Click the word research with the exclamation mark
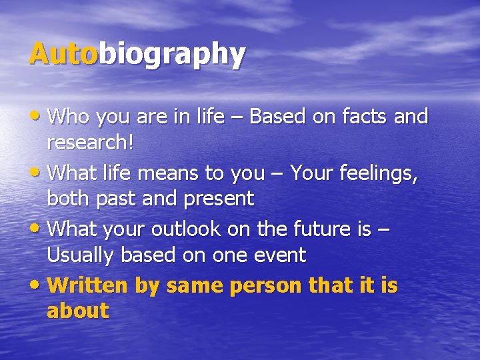point(89,142)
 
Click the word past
point(115,199)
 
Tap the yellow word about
point(77,311)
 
